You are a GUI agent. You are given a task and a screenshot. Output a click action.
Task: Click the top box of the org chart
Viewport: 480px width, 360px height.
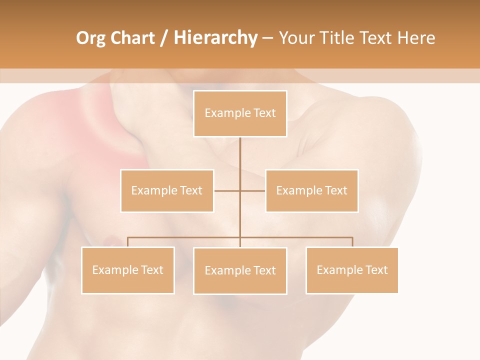point(240,113)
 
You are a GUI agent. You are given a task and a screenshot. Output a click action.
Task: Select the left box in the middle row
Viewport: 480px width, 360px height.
point(167,190)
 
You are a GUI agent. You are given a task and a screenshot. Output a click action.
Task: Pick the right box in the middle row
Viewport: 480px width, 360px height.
point(311,190)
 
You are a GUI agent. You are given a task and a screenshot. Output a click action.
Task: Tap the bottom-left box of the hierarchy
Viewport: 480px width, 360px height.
point(128,270)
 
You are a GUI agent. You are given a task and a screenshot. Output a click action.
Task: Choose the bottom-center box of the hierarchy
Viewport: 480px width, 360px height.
point(240,270)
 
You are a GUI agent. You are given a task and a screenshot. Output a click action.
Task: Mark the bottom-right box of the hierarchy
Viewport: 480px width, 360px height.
point(352,270)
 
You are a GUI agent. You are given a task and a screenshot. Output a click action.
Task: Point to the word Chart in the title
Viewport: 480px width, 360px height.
point(133,38)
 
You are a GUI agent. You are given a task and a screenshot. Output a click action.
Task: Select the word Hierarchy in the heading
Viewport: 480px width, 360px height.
point(215,38)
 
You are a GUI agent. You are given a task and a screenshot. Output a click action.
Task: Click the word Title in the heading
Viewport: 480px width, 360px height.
point(340,38)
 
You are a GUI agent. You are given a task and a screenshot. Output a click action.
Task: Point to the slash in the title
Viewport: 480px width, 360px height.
point(164,38)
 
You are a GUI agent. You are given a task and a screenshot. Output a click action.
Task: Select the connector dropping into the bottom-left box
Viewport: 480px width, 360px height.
point(128,241)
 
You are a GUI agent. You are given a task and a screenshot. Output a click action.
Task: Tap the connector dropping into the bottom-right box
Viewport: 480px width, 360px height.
point(352,241)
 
